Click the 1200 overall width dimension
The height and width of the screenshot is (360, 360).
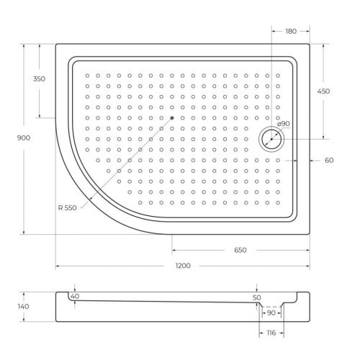point(183,266)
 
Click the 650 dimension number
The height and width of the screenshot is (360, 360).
point(240,250)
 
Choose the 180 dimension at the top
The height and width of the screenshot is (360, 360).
point(290,31)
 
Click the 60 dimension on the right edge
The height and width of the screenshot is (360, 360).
point(329,160)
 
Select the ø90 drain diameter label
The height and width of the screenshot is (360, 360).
point(283,124)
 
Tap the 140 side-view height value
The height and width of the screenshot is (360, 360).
point(23,307)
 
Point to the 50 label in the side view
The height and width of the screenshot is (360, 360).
point(256,297)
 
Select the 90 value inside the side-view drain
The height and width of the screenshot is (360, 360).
point(271,313)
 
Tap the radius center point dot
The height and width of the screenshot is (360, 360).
point(173,118)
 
